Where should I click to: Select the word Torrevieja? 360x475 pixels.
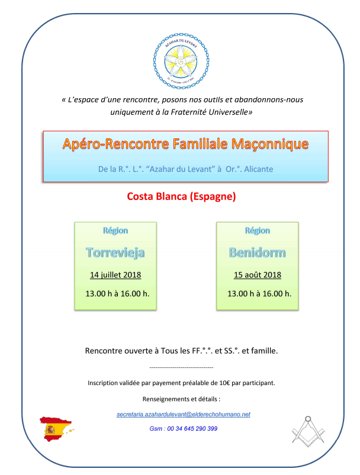tap(115, 253)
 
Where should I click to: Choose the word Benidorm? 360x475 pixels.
tap(257, 253)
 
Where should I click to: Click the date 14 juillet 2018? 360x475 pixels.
tap(115, 275)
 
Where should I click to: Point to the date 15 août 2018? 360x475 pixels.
tap(257, 275)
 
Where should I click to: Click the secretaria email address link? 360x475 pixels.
tap(184, 415)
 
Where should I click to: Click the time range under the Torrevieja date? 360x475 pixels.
tap(117, 293)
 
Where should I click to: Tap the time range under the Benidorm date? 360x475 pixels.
tap(259, 293)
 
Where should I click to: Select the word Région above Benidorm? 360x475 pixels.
tap(257, 230)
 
